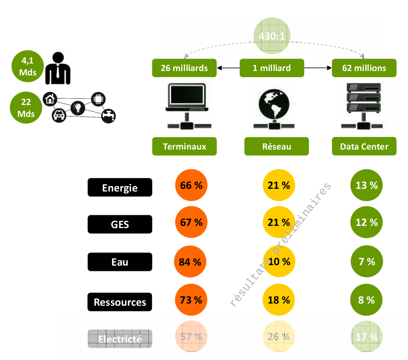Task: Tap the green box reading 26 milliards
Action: (184, 68)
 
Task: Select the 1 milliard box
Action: (272, 68)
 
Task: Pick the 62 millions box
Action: (364, 68)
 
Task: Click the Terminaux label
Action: (185, 146)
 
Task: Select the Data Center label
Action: (364, 146)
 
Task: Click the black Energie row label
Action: (120, 187)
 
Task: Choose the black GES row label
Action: (120, 224)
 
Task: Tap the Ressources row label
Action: (120, 302)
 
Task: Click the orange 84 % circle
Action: (190, 262)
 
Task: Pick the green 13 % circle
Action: (366, 185)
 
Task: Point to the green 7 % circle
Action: (366, 262)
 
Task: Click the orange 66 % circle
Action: (191, 185)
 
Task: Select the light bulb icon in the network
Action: (78, 107)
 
